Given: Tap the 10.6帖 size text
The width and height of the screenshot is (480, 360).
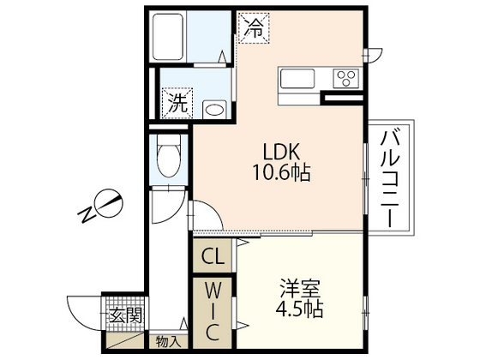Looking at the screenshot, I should pyautogui.click(x=279, y=172).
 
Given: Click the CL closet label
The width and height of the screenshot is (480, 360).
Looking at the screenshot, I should pyautogui.click(x=213, y=255).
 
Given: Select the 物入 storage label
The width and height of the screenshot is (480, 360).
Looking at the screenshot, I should pyautogui.click(x=168, y=341).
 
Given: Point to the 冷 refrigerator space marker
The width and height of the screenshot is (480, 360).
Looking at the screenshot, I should pyautogui.click(x=254, y=27).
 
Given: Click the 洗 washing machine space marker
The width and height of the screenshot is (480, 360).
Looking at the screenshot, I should pyautogui.click(x=177, y=105).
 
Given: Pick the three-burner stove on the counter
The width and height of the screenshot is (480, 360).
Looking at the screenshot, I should pyautogui.click(x=348, y=79).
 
